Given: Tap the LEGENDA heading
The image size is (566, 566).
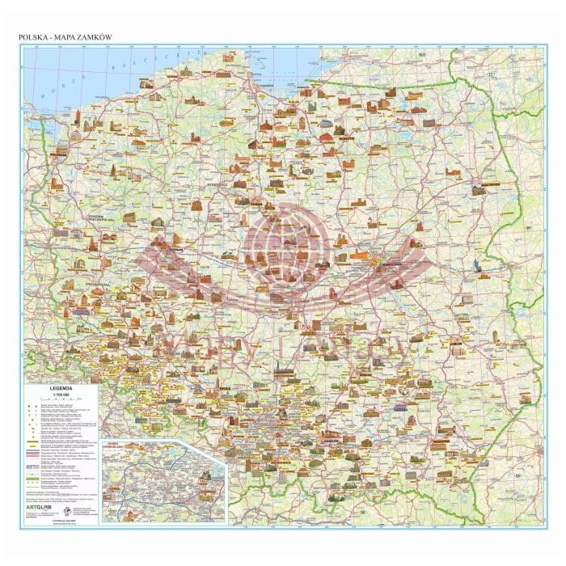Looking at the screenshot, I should click(x=61, y=389).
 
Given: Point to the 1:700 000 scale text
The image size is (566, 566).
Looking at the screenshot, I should click(x=61, y=395).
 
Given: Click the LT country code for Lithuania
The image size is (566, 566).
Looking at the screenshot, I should click(x=490, y=74).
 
